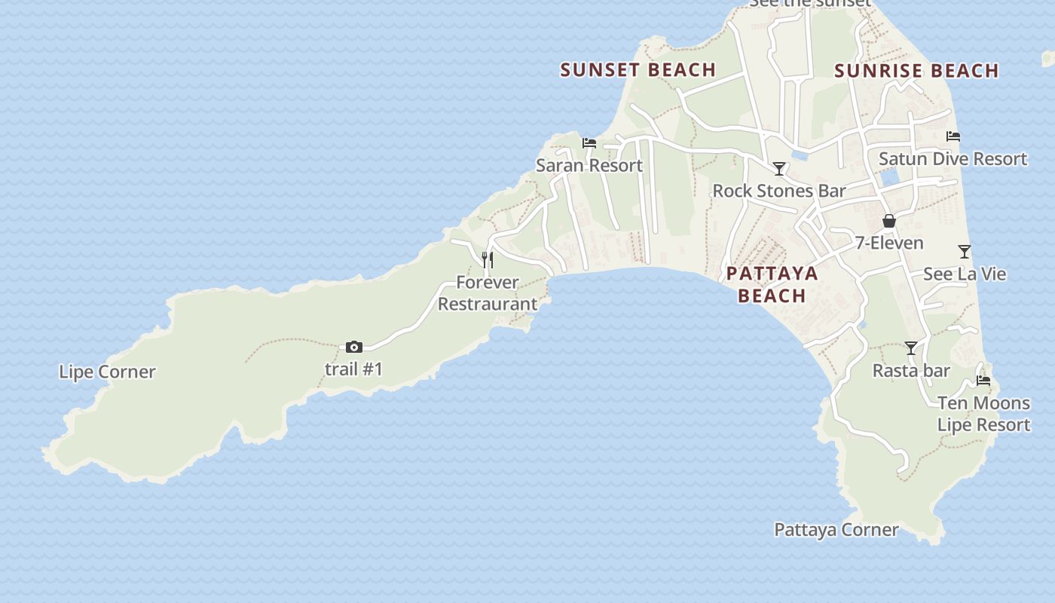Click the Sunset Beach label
pyautogui.click(x=638, y=70)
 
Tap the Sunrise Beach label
pyautogui.click(x=916, y=71)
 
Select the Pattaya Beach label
pyautogui.click(x=772, y=283)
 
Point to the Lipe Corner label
pyautogui.click(x=107, y=372)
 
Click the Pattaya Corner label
pyautogui.click(x=836, y=530)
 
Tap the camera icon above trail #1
pyautogui.click(x=353, y=347)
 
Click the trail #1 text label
pyautogui.click(x=353, y=369)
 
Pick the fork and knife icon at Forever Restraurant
pyautogui.click(x=488, y=260)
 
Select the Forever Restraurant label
pyautogui.click(x=488, y=293)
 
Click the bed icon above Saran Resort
pyautogui.click(x=589, y=143)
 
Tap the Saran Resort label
pyautogui.click(x=589, y=165)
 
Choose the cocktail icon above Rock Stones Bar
pyautogui.click(x=779, y=169)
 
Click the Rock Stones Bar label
pyautogui.click(x=779, y=191)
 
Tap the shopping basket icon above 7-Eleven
pyautogui.click(x=889, y=221)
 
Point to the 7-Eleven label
pyautogui.click(x=889, y=243)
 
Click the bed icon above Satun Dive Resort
pyautogui.click(x=953, y=136)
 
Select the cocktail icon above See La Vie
pyautogui.click(x=965, y=252)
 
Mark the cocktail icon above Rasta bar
pyautogui.click(x=911, y=348)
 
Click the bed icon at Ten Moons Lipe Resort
pyautogui.click(x=983, y=381)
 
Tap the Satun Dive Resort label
pyautogui.click(x=953, y=159)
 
